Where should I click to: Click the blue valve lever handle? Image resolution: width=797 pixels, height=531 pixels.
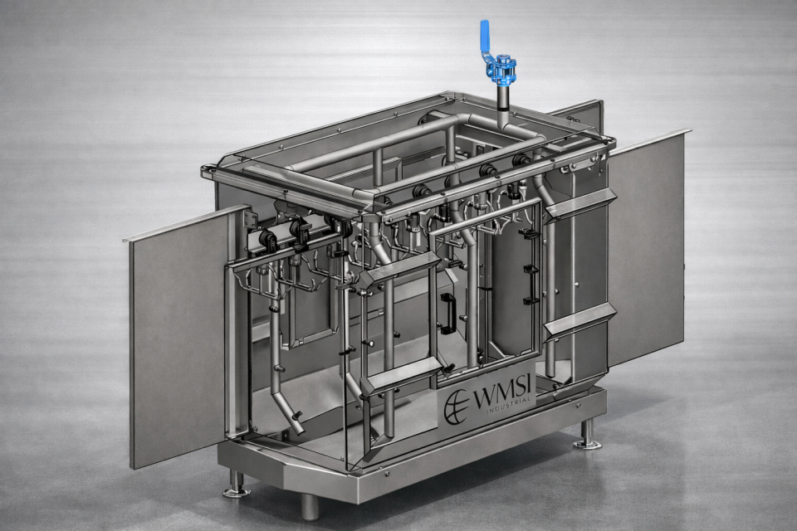tap(485, 39)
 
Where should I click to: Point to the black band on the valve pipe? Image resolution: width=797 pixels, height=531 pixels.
tap(502, 107)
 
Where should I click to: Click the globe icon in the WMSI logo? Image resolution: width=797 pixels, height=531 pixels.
tap(456, 407)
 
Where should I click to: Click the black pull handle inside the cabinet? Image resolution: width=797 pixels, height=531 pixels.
tap(447, 314)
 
